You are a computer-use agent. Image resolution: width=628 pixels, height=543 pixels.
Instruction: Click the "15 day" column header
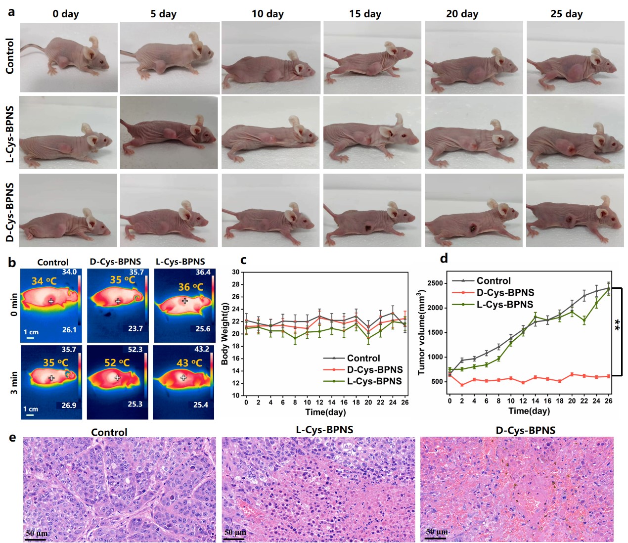pyautogui.click(x=365, y=14)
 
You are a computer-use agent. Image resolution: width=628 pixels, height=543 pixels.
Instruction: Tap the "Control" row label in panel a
pyautogui.click(x=10, y=56)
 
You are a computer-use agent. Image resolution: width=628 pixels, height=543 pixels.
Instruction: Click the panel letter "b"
pyautogui.click(x=12, y=262)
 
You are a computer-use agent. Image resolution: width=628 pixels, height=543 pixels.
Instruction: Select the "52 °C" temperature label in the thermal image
pyautogui.click(x=117, y=363)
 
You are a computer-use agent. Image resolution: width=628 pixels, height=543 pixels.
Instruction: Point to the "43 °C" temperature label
pyautogui.click(x=189, y=363)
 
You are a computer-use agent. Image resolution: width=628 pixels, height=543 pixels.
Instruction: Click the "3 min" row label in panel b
pyautogui.click(x=14, y=382)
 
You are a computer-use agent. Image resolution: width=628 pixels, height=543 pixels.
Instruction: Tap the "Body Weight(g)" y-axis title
pyautogui.click(x=225, y=334)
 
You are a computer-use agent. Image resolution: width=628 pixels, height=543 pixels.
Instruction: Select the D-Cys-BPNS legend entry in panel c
pyautogui.click(x=374, y=370)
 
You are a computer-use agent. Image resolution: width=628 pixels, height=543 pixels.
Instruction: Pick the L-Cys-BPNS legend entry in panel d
pyautogui.click(x=504, y=305)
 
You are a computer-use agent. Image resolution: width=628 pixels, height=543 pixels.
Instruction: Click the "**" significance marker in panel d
pyautogui.click(x=618, y=326)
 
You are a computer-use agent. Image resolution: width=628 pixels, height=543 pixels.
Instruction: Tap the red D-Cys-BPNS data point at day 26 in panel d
pyautogui.click(x=608, y=376)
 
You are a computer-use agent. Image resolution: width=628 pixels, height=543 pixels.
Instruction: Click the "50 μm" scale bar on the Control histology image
pyautogui.click(x=37, y=535)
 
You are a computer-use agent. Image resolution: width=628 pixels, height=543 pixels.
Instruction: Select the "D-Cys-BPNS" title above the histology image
pyautogui.click(x=525, y=430)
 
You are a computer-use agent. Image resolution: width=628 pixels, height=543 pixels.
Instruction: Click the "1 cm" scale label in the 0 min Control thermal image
pyautogui.click(x=31, y=332)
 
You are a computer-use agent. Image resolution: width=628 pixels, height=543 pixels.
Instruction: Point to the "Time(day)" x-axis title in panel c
pyautogui.click(x=325, y=412)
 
